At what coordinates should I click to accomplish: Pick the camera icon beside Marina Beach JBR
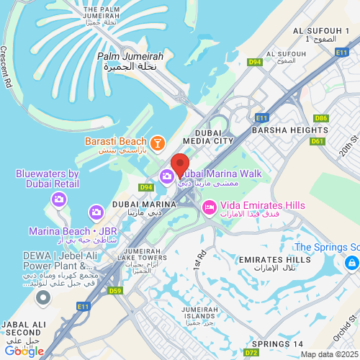click(x=96, y=212)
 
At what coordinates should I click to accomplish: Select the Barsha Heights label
click(x=289, y=130)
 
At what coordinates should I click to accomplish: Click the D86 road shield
click(x=320, y=117)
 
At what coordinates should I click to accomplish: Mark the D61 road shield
click(x=317, y=141)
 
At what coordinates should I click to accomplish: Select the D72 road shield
click(x=250, y=353)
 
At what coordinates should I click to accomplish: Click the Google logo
click(x=24, y=351)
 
